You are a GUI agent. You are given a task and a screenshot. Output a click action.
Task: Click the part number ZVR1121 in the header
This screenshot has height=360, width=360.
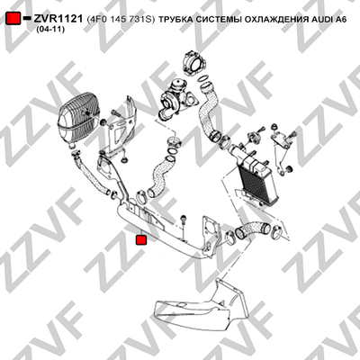pyautogui.click(x=58, y=19)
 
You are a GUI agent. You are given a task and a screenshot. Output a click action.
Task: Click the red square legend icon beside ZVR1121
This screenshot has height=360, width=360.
pyautogui.click(x=13, y=19)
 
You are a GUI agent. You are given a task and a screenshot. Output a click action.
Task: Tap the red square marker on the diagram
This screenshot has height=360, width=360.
pyautogui.click(x=141, y=240)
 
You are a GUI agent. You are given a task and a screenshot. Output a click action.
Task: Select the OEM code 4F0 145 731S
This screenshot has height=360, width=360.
pyautogui.click(x=121, y=20)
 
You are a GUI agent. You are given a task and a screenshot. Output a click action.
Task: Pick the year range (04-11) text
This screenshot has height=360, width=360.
pyautogui.click(x=50, y=30)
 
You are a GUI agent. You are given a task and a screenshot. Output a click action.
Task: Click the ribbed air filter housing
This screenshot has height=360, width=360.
pyautogui.click(x=77, y=118)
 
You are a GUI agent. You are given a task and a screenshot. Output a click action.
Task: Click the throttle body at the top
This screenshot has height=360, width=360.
pyautogui.click(x=194, y=63)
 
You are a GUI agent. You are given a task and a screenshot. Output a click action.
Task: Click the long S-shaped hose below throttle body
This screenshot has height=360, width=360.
pyautogui.click(x=209, y=111)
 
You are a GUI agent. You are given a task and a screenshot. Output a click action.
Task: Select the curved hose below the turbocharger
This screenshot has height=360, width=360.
pyautogui.click(x=161, y=178)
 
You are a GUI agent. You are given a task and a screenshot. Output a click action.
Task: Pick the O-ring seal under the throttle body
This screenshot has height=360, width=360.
pyautogui.click(x=203, y=78)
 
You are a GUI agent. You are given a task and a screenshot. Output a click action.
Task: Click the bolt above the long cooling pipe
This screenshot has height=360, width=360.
pyautogui.click(x=184, y=220)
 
